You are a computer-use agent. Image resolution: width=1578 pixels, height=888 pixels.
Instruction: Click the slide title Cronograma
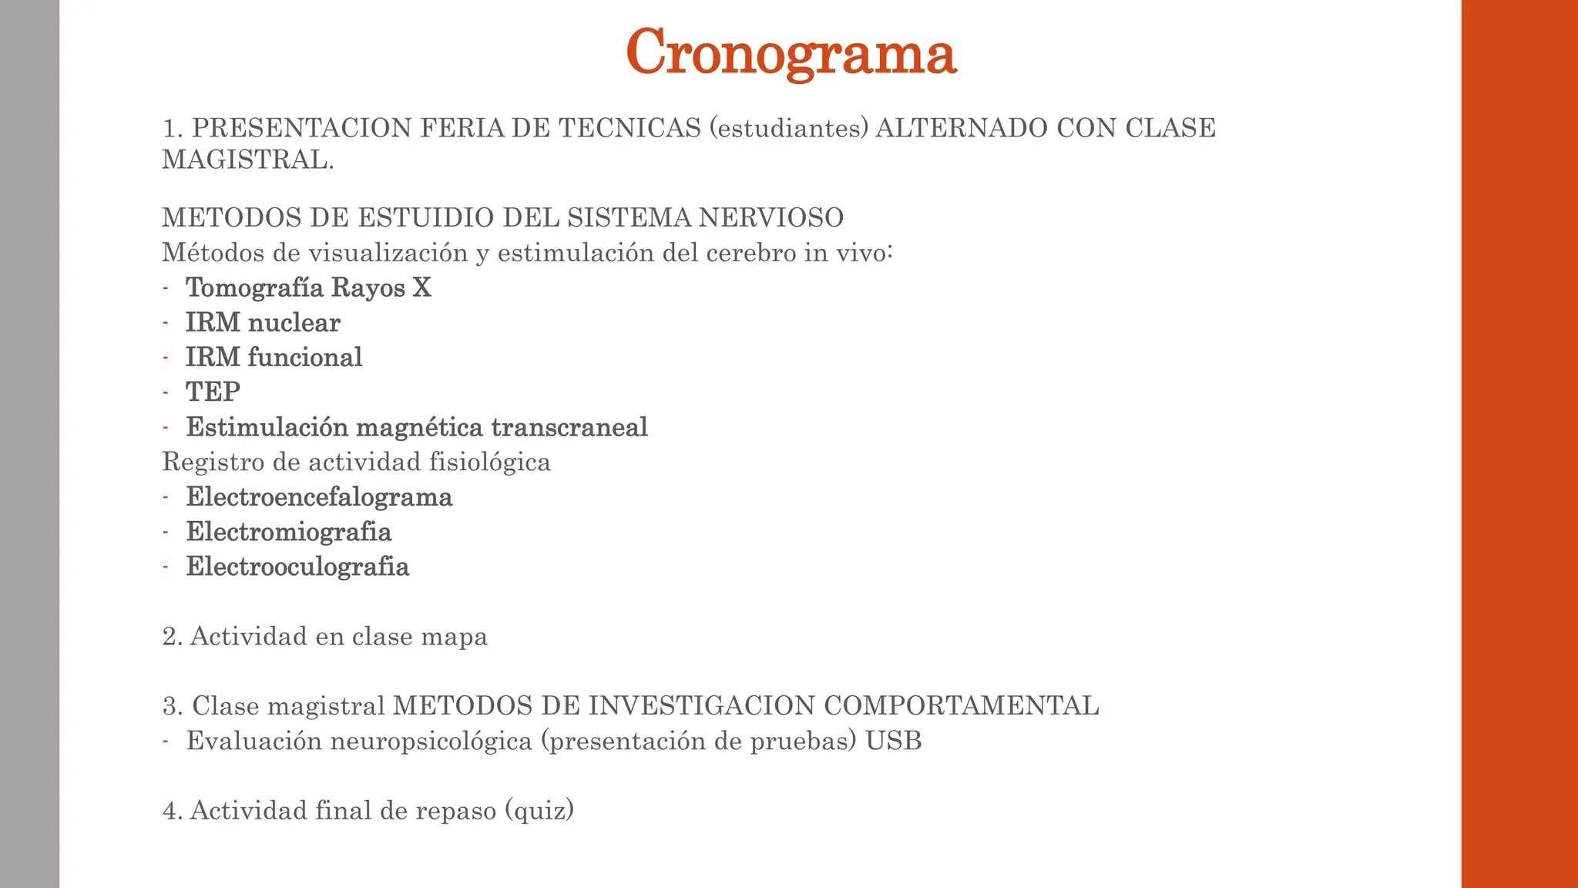point(791,52)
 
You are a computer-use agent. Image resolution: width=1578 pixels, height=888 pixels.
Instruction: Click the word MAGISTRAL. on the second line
point(247,160)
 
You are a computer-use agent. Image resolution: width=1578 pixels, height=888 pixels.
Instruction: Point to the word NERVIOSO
point(771,218)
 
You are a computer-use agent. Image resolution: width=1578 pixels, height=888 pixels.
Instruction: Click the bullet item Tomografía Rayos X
point(308,288)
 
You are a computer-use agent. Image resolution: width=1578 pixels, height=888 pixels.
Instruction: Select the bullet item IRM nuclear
point(263,322)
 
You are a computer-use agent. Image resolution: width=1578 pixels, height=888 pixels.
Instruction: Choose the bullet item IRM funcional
point(274,357)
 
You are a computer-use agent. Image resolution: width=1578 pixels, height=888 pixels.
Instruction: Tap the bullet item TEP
point(213,392)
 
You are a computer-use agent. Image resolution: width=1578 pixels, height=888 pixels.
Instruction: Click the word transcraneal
point(569,427)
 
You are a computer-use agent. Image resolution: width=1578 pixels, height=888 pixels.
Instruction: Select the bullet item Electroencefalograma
point(319,496)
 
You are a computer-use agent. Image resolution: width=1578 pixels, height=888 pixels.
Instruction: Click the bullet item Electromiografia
point(289,532)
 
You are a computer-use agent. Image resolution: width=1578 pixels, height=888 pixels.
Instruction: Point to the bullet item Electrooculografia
point(297,567)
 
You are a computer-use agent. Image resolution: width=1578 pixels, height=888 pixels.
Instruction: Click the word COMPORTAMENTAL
point(961,706)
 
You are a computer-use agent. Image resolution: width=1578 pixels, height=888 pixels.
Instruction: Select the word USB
point(893,741)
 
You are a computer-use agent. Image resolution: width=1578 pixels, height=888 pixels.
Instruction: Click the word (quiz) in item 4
point(539,810)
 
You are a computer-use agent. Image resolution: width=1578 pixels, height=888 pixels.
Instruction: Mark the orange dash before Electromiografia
point(166,532)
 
